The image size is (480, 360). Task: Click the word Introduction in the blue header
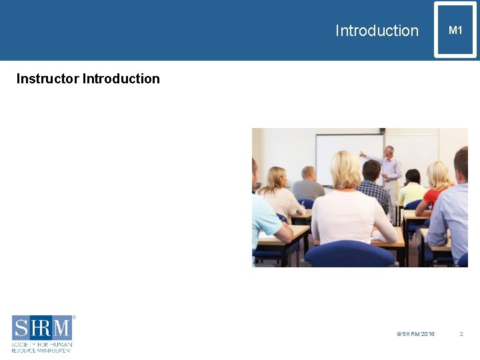pyautogui.click(x=377, y=31)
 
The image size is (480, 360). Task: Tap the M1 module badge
pyautogui.click(x=455, y=30)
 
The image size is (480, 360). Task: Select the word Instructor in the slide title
pyautogui.click(x=47, y=79)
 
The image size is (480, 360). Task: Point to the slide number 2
pyautogui.click(x=461, y=334)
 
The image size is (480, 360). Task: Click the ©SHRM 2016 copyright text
pyautogui.click(x=415, y=334)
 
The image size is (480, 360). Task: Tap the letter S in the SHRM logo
pyautogui.click(x=21, y=328)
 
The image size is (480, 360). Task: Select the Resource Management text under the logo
pyautogui.click(x=41, y=349)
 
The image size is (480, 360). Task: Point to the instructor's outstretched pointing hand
pyautogui.click(x=362, y=154)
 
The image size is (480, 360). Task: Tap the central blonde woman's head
pyautogui.click(x=346, y=169)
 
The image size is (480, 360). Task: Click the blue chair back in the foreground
pyautogui.click(x=349, y=255)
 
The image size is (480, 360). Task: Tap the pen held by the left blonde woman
pyautogui.click(x=302, y=203)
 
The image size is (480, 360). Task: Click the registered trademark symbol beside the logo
pyautogui.click(x=74, y=317)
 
